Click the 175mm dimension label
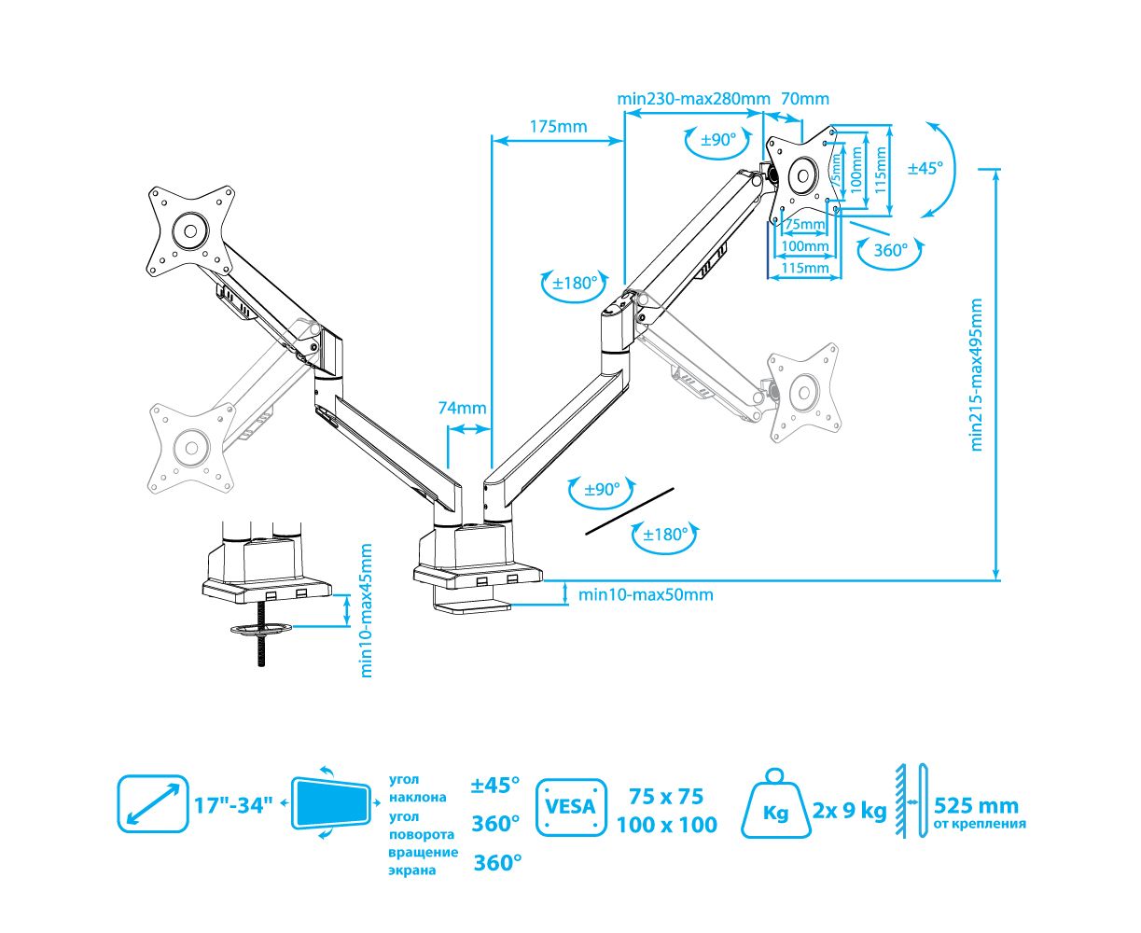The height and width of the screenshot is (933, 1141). [558, 126]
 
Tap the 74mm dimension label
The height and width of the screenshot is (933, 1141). [462, 408]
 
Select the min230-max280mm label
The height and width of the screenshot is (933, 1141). [693, 98]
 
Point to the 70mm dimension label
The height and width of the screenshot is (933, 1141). [804, 98]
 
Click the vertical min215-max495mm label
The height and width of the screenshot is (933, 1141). [977, 374]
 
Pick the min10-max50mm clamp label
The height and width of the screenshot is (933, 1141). [646, 594]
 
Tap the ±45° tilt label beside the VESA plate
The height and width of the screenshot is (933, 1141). [925, 168]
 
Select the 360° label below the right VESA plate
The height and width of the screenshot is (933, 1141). [890, 250]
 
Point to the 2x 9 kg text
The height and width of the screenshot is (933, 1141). [849, 810]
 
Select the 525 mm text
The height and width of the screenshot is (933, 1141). [976, 805]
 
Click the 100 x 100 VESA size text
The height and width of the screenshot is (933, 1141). [667, 825]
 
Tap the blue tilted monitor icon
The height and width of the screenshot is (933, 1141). [331, 802]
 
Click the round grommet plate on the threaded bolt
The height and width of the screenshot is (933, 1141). [259, 630]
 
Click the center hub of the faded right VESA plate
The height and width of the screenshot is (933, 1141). [802, 389]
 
